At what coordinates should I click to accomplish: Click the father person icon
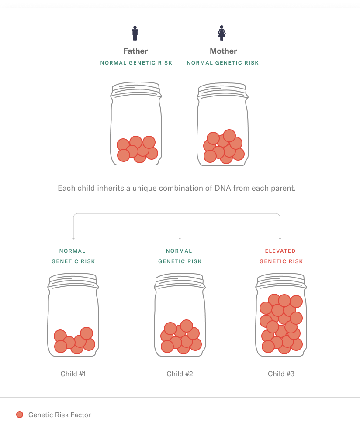135,33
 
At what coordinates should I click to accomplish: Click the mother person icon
222,33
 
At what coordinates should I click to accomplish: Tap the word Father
135,51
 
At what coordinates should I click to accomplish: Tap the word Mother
223,51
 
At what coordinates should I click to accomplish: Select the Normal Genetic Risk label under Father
136,63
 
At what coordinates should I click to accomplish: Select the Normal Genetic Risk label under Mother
223,63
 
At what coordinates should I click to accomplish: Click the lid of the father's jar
136,89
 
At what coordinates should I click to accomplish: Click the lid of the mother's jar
223,90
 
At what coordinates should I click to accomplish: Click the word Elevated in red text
280,251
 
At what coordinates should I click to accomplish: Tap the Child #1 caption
73,374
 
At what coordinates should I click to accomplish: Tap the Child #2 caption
180,374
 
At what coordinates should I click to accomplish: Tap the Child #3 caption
281,374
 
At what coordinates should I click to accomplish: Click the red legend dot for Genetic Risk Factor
20,415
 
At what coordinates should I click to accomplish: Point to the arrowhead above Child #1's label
73,239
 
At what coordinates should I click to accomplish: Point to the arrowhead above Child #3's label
280,239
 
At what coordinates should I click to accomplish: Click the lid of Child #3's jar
281,281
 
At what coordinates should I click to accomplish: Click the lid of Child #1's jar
73,281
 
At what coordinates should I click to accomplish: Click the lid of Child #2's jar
180,281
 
